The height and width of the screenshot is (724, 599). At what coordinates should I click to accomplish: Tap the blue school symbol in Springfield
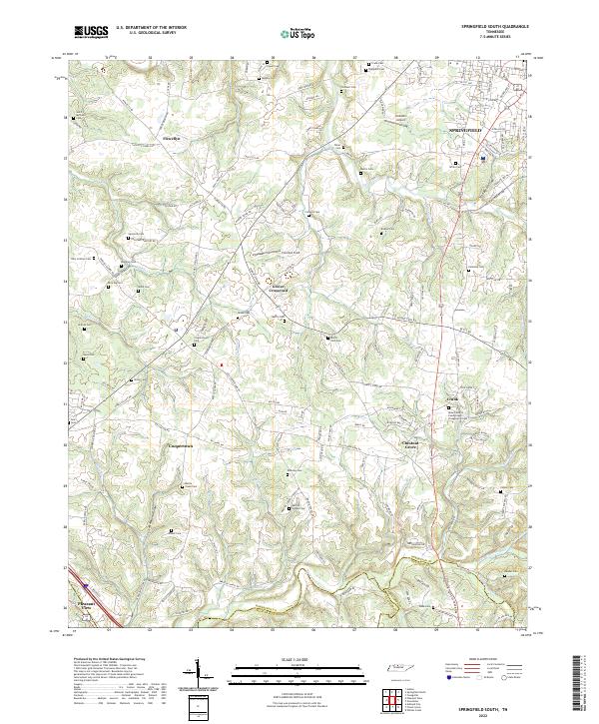pos(482,158)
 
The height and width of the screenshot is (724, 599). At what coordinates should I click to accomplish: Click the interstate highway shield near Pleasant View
pos(86,587)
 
